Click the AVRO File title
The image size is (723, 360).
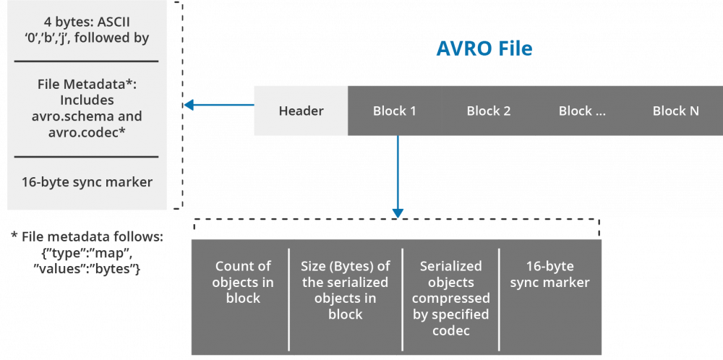[x=484, y=48]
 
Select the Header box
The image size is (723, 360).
[x=301, y=111]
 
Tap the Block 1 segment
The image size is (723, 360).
[x=394, y=111]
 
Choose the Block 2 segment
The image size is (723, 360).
[x=488, y=111]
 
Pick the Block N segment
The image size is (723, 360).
[x=675, y=111]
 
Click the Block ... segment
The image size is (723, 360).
[x=582, y=111]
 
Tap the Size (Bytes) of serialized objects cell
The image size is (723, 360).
[x=345, y=290]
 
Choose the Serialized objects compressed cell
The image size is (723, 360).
[x=451, y=298]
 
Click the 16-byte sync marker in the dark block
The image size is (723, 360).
[x=549, y=274]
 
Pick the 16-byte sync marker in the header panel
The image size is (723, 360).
[x=87, y=181]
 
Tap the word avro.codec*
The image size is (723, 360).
[x=87, y=132]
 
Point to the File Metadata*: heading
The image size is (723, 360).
[x=87, y=85]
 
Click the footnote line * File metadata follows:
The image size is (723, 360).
[x=87, y=236]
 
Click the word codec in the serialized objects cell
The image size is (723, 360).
[x=450, y=330]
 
